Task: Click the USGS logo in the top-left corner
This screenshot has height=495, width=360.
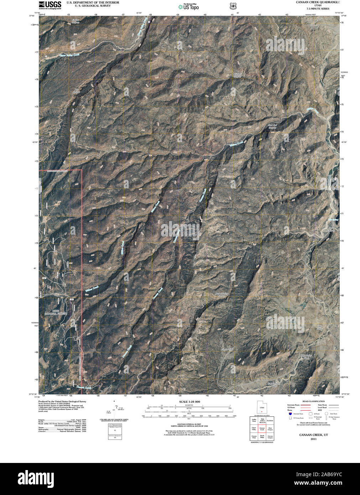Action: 50,5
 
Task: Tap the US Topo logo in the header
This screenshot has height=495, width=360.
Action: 188,6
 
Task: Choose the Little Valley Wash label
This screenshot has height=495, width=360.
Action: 307,356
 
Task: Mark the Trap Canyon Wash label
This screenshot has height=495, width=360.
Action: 273,385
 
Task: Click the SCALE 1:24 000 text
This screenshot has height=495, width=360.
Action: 189,402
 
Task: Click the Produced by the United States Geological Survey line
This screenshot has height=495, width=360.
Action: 62,401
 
